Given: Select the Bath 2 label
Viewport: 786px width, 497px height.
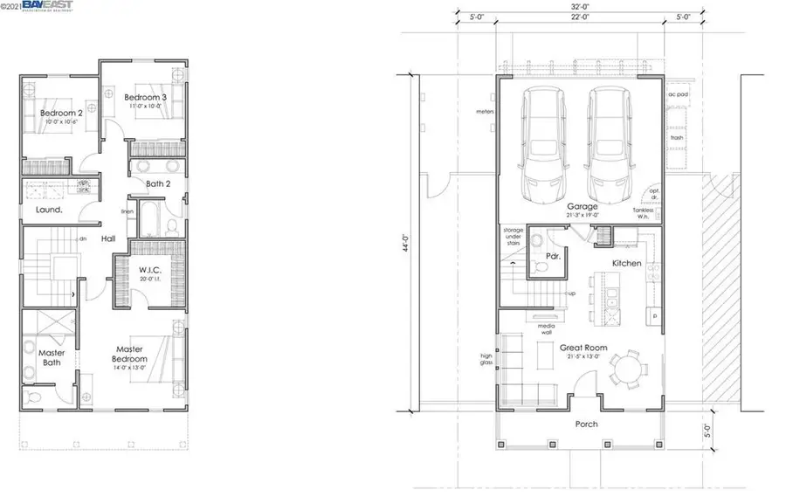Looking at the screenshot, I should pos(158,183).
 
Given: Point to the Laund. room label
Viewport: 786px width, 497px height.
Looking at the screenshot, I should pos(49,211).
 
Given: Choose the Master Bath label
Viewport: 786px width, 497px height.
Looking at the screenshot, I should pos(51,358).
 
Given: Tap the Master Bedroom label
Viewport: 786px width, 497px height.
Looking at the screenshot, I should pos(134,353).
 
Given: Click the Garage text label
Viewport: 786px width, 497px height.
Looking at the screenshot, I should pos(582,207).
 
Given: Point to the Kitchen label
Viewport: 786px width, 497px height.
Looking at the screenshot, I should pos(626,263).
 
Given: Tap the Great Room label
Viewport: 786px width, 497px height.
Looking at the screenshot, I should pos(583,347).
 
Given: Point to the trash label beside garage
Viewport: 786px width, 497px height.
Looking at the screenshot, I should pos(676,138).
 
